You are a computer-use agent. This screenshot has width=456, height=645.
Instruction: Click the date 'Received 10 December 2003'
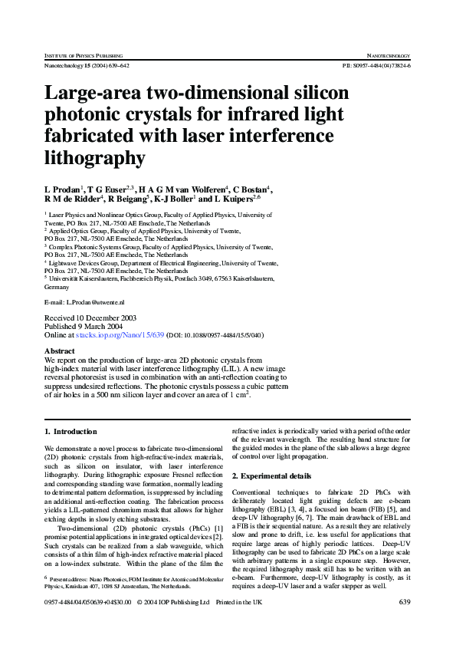(90, 317)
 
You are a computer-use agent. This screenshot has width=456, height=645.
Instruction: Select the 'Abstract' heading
(60, 350)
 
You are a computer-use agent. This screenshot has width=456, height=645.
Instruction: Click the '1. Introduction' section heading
(71, 432)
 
